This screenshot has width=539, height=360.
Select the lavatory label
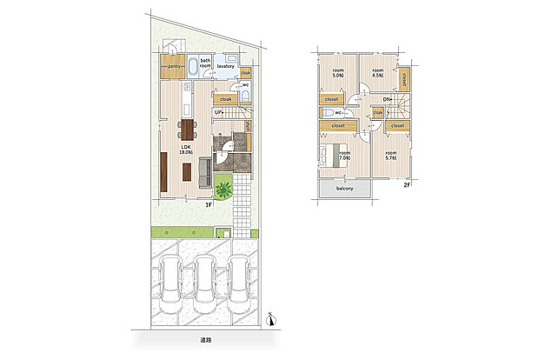pyautogui.click(x=228, y=65)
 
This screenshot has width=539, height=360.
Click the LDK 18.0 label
pyautogui.click(x=186, y=150)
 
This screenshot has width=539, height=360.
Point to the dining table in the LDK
pyautogui.click(x=186, y=129)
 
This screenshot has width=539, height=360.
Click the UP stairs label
pyautogui.click(x=220, y=112)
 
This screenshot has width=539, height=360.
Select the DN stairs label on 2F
pyautogui.click(x=387, y=100)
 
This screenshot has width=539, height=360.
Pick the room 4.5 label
pyautogui.click(x=377, y=73)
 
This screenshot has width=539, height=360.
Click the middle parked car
pyautogui.click(x=206, y=281)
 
